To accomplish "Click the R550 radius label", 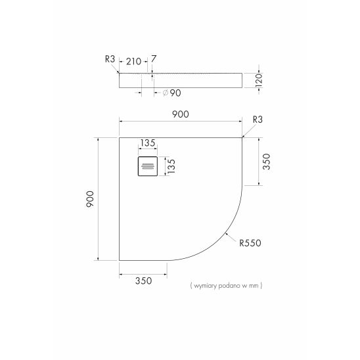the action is click(250, 243).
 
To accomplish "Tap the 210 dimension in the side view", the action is click(133, 62).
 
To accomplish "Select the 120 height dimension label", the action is click(259, 80).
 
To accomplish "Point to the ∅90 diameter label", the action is click(171, 93).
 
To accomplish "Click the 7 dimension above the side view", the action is click(153, 59).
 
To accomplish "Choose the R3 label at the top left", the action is click(110, 59).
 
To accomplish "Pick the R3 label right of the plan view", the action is click(258, 120).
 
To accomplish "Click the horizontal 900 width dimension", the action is click(181, 114).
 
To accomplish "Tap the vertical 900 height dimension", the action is click(90, 199).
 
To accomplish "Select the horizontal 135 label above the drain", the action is click(148, 143).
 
